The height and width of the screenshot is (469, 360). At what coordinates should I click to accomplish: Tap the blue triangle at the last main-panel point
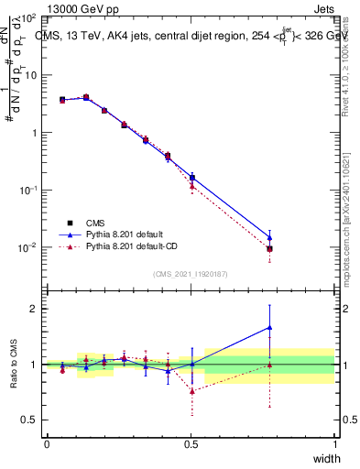269,237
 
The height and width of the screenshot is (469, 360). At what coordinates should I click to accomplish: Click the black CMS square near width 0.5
191,177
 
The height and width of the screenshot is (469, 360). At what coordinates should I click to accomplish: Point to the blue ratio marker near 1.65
269,327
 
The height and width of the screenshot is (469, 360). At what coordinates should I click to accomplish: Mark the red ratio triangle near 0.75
191,391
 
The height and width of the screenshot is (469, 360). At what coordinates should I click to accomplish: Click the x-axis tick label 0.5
191,443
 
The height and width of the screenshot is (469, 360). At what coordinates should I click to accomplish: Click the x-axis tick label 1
335,443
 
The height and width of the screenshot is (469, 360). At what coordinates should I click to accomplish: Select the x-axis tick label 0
47,443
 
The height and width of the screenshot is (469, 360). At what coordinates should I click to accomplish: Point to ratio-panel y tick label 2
35,309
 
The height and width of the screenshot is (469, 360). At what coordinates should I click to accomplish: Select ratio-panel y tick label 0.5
30,420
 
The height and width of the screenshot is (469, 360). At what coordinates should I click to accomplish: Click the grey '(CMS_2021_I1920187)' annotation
191,274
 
